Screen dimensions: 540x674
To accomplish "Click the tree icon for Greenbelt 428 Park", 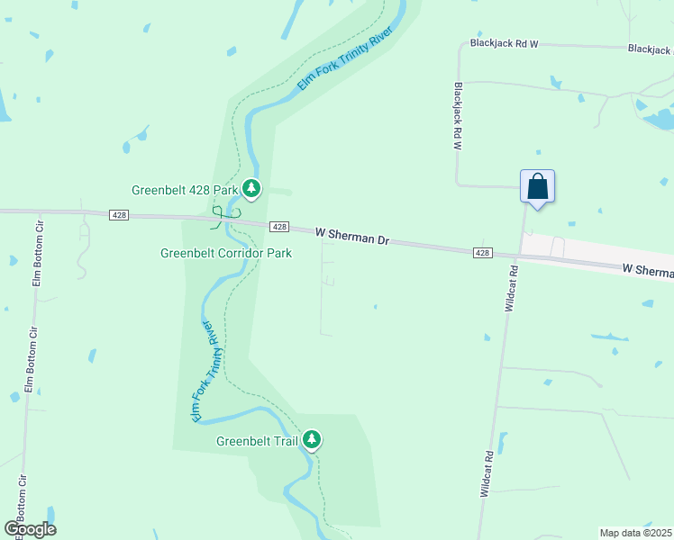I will click(x=252, y=189).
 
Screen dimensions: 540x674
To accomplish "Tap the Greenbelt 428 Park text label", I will click(x=185, y=190).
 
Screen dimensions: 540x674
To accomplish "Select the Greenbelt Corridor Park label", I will click(x=226, y=254).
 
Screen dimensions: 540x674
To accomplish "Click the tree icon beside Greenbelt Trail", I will click(x=312, y=440).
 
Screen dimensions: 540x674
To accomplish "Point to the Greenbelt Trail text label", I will click(x=258, y=441).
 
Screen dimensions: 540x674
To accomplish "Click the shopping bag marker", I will click(x=537, y=187).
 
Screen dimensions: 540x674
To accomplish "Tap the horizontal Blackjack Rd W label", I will click(x=504, y=43).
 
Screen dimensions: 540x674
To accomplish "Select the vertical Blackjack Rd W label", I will click(x=458, y=116).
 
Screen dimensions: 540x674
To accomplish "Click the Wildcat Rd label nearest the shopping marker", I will click(x=511, y=288).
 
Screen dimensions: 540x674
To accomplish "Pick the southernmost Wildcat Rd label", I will click(x=487, y=473).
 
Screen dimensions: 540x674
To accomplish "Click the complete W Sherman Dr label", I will click(x=352, y=237).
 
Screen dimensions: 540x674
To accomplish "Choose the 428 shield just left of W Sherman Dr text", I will click(x=279, y=227).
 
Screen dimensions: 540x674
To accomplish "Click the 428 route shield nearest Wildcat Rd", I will click(x=483, y=253).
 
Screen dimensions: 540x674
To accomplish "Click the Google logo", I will click(x=30, y=529).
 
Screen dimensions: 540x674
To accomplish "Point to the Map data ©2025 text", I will click(x=635, y=533).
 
